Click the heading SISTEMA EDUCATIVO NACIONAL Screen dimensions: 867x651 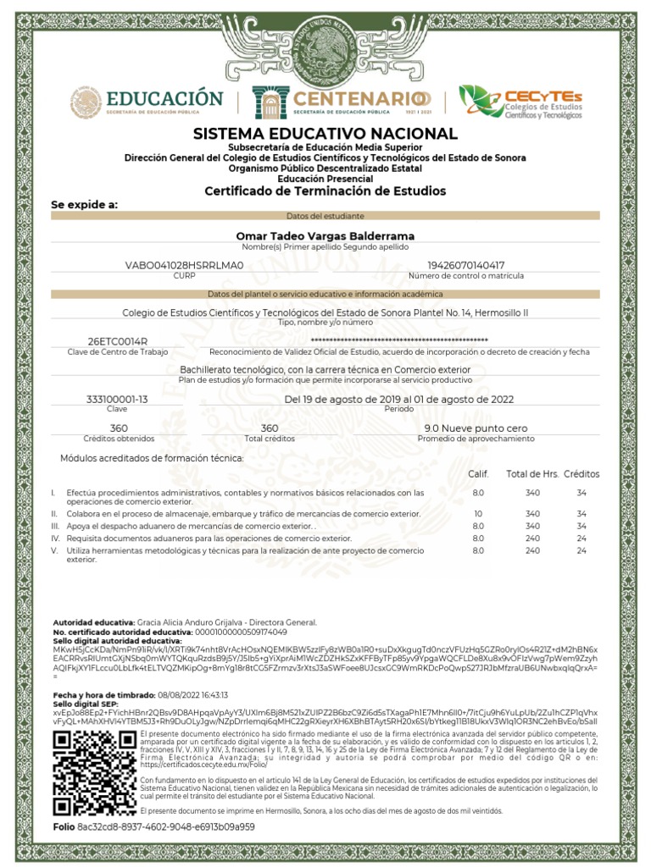pyautogui.click(x=325, y=134)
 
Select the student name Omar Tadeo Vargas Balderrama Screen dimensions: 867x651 pyautogui.click(x=325, y=235)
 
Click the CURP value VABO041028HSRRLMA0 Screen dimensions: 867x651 pyautogui.click(x=184, y=265)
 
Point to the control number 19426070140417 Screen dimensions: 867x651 pyautogui.click(x=465, y=265)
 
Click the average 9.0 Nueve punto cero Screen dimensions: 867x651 pyautogui.click(x=476, y=428)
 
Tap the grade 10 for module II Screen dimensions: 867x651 pyautogui.click(x=478, y=514)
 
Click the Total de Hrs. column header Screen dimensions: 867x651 pyautogui.click(x=532, y=474)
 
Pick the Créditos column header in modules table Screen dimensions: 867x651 pyautogui.click(x=581, y=474)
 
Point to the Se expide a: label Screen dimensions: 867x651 pyautogui.click(x=85, y=205)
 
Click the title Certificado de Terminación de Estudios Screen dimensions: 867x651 pyautogui.click(x=325, y=191)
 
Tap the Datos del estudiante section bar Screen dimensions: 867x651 pyautogui.click(x=325, y=217)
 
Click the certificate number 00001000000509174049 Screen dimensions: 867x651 pyautogui.click(x=241, y=632)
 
